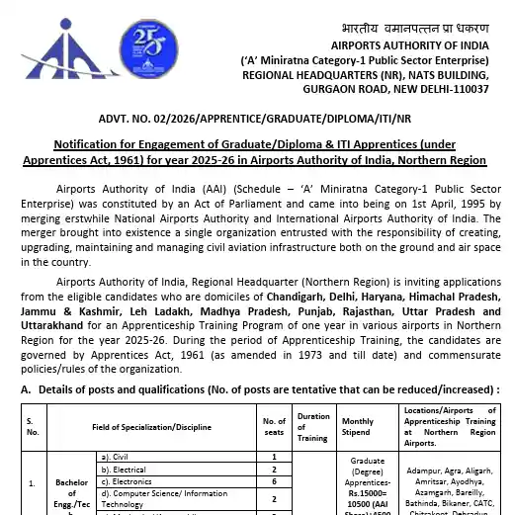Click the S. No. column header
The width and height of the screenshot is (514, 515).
33,425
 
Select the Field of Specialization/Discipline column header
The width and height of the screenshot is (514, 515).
152,425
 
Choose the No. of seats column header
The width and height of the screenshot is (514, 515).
274,425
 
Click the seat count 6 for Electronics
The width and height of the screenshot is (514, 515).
274,482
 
